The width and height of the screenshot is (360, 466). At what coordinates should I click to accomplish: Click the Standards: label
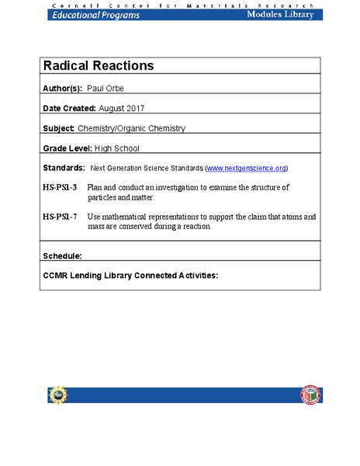coord(64,168)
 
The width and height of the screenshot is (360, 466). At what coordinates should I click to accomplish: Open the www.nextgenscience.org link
coord(247,168)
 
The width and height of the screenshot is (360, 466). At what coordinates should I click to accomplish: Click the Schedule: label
coord(62,255)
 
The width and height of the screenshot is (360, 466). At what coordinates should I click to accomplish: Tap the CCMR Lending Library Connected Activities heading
coord(130,275)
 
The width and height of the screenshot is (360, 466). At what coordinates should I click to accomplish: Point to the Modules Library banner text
coord(280,15)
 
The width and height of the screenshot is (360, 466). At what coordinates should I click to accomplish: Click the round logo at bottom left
coord(57,395)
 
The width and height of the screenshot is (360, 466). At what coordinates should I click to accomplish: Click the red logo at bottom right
coord(309,395)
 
